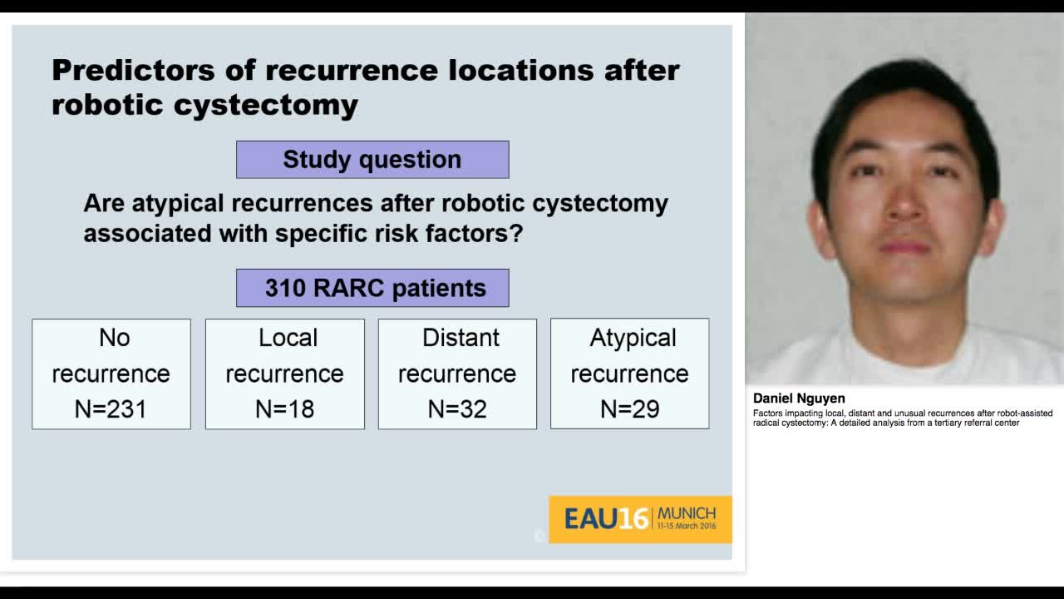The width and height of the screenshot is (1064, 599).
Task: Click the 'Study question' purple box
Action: click(372, 160)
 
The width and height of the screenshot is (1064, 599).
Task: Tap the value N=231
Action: click(111, 409)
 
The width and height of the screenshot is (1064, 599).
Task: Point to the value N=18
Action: click(284, 409)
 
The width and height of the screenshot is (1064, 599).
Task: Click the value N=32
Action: click(456, 409)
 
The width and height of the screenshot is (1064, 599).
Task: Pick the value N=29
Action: click(629, 409)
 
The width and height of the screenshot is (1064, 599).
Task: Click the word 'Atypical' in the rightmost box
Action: click(633, 338)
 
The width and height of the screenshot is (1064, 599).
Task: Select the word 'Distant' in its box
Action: click(461, 338)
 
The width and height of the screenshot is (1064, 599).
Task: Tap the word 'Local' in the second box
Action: click(288, 338)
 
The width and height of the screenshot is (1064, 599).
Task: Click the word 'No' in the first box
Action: click(115, 338)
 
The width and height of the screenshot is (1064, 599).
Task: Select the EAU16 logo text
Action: click(605, 519)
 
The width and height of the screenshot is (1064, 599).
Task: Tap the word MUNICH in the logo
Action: click(686, 513)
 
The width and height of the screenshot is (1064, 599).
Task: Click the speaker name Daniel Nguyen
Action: click(799, 399)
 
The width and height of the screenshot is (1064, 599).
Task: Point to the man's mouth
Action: click(904, 247)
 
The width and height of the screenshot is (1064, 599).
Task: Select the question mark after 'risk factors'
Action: click(516, 234)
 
